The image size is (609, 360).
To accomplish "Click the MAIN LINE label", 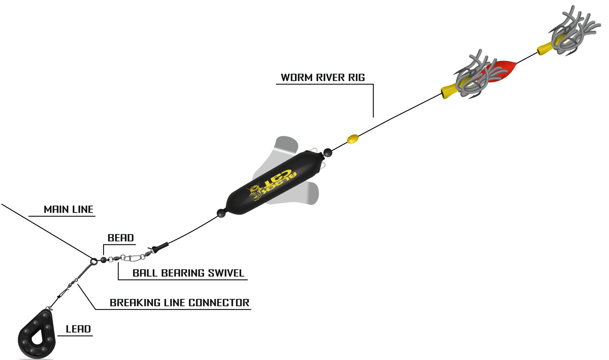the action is pos(68,209).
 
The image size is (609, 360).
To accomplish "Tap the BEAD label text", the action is pos(121,238).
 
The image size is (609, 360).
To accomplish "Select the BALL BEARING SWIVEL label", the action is pos(188,273).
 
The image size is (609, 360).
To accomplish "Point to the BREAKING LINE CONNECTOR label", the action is pos(179,303).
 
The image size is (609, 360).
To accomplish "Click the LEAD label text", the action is pos(78,329).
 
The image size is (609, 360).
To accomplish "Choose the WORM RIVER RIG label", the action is pos(323,77).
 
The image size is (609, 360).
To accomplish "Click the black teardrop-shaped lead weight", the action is pos(37,334).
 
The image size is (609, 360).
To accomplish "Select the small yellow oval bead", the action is pos(353,139).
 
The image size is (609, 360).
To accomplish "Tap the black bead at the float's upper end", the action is pos(328,153).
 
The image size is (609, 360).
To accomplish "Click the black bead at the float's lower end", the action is pos(221,213).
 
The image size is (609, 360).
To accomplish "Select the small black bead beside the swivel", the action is pos(103,260).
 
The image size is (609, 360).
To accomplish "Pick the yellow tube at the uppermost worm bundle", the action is pos(547,47).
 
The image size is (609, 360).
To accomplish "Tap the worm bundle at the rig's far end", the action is pos(574,30).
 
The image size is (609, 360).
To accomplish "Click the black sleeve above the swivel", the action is pos(161,247).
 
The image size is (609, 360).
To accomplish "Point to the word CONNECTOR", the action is pos(219,303).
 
